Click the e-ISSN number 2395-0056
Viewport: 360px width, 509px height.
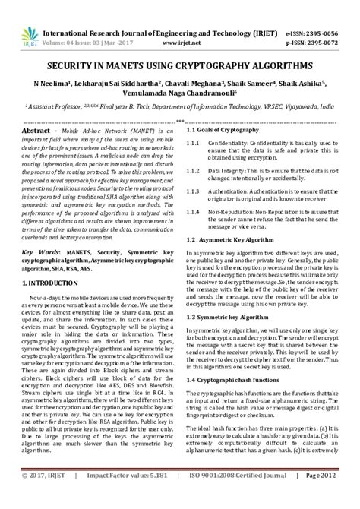328,12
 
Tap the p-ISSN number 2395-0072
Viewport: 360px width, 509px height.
328,23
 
